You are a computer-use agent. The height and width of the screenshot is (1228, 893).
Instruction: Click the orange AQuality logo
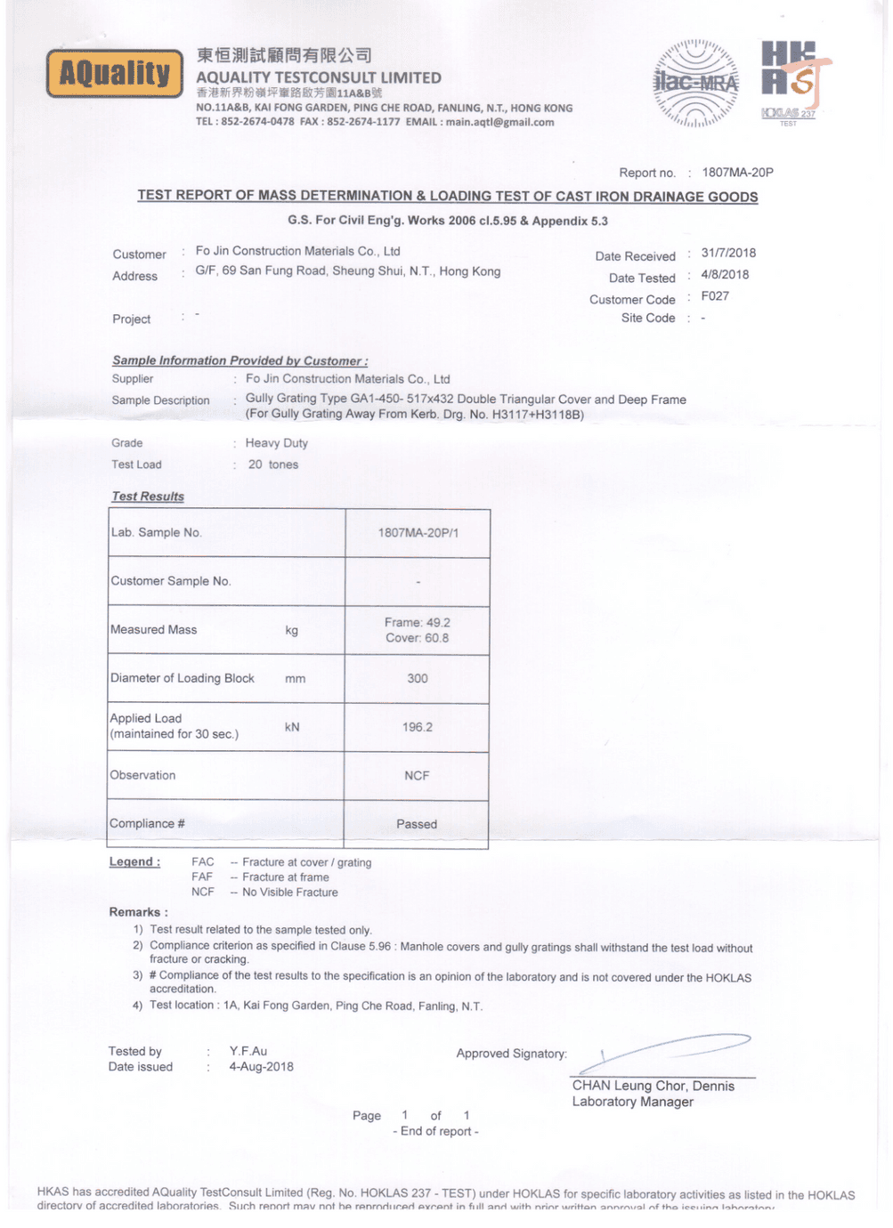(x=113, y=74)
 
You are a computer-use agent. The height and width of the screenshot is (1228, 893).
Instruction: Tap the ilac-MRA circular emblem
(x=696, y=84)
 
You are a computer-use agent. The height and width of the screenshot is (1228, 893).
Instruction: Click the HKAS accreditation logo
(x=790, y=80)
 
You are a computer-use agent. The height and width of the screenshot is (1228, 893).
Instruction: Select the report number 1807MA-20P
(x=737, y=173)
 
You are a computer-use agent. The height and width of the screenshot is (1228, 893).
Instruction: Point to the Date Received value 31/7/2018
(x=727, y=253)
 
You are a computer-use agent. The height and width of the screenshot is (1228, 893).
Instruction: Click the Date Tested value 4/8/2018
(x=725, y=275)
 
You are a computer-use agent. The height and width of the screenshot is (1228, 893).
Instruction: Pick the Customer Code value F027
(x=714, y=296)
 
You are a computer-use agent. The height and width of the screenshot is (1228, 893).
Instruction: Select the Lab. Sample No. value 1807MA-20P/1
(x=418, y=533)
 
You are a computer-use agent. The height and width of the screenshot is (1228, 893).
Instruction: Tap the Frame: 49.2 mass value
(x=418, y=623)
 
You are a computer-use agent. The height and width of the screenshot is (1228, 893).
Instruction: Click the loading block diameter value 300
(x=418, y=679)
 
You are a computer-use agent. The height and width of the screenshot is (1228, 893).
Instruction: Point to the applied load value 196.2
(x=418, y=728)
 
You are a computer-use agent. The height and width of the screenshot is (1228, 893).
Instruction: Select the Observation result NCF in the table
(x=417, y=776)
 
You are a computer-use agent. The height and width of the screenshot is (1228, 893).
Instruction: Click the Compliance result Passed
(x=417, y=825)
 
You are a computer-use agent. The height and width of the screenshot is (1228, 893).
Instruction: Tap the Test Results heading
(x=148, y=497)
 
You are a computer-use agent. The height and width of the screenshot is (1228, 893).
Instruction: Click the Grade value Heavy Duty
(x=277, y=443)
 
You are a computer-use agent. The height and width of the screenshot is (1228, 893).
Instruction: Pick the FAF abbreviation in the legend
(x=202, y=877)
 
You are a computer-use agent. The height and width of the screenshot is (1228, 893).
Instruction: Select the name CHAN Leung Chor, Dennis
(x=653, y=1087)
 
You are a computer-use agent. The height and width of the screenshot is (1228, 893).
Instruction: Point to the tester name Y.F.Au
(x=248, y=1052)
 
